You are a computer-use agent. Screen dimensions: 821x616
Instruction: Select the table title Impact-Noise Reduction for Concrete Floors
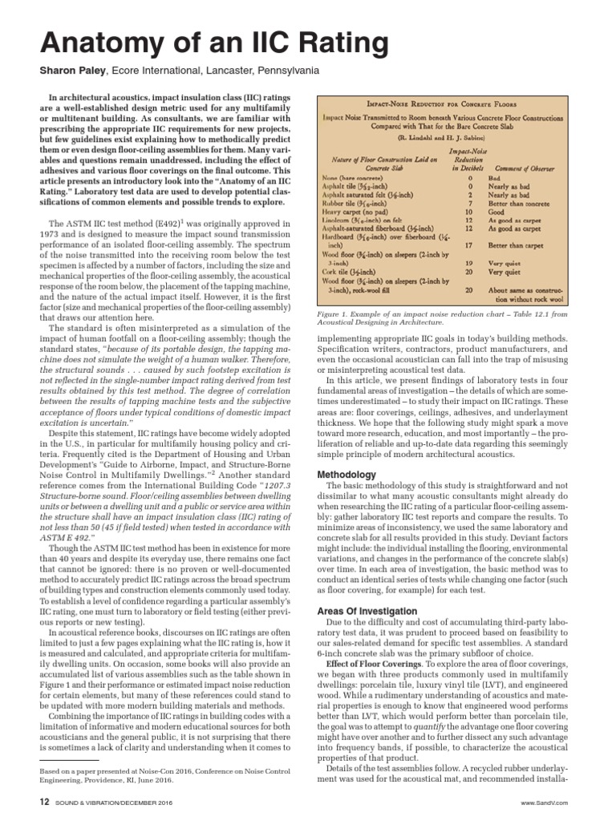click(446, 105)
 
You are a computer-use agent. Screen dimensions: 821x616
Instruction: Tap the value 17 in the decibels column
click(468, 246)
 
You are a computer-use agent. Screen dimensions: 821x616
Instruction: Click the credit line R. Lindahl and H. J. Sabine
click(446, 138)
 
